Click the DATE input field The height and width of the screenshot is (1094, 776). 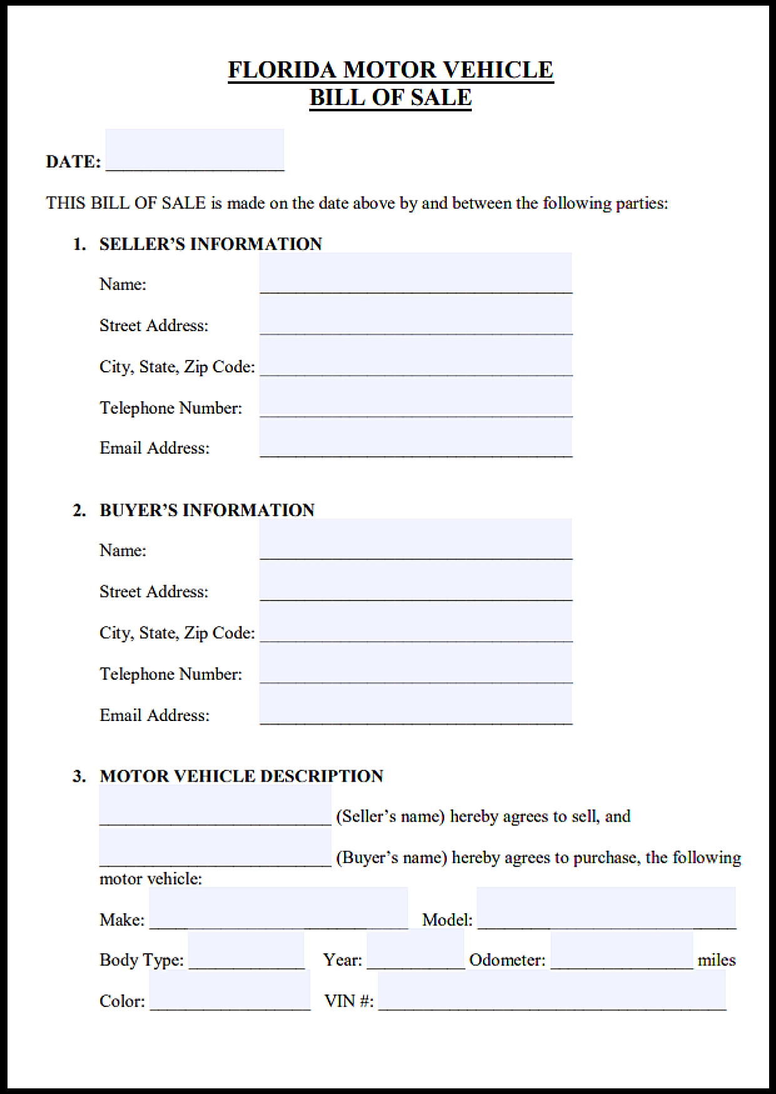point(195,150)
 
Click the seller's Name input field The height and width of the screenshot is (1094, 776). point(416,273)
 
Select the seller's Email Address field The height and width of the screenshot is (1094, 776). point(416,437)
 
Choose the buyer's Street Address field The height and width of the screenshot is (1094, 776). point(416,581)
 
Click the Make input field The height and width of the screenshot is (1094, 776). point(278,908)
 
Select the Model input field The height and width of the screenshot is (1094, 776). point(606,908)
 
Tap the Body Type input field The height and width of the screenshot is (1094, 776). point(246,950)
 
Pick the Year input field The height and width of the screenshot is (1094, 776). point(416,949)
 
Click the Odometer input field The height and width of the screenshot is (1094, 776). point(621,950)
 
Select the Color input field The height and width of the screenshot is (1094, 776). point(230,991)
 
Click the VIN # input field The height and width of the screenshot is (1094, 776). point(552,991)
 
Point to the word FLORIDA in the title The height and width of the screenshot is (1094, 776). point(282,70)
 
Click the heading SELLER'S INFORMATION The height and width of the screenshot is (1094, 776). point(210,243)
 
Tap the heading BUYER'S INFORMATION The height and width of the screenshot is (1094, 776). point(207,510)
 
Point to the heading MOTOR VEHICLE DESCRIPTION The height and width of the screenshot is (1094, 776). point(241,776)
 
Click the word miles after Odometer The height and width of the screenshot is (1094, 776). point(717,960)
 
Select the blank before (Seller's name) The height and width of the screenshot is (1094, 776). point(215,806)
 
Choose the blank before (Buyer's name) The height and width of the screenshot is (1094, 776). point(215,847)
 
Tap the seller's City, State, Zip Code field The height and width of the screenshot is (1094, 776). point(416,355)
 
